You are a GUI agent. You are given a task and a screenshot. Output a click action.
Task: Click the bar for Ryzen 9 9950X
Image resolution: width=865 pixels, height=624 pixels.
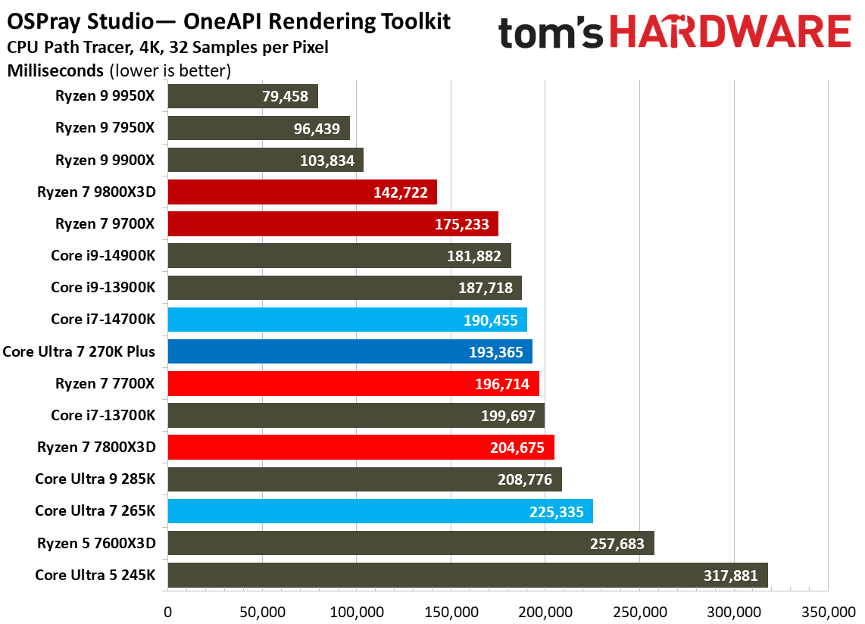pyautogui.click(x=242, y=96)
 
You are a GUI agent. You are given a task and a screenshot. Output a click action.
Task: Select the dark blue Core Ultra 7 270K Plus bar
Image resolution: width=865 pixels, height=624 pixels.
pyautogui.click(x=349, y=351)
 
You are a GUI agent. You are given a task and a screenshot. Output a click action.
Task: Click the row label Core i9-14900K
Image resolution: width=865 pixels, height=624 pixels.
pyautogui.click(x=103, y=256)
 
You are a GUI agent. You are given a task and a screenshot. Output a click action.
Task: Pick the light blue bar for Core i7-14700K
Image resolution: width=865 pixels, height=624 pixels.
pyautogui.click(x=347, y=320)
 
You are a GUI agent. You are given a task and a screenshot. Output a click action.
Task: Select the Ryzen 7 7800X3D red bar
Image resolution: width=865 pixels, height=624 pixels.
pyautogui.click(x=361, y=447)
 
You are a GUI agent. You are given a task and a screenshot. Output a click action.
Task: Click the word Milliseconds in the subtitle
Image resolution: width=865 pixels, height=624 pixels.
pyautogui.click(x=55, y=71)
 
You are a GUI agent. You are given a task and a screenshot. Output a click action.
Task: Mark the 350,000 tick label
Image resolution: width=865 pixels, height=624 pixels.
pyautogui.click(x=828, y=610)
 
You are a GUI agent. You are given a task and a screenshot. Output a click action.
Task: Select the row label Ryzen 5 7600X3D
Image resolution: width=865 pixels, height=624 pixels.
pyautogui.click(x=96, y=542)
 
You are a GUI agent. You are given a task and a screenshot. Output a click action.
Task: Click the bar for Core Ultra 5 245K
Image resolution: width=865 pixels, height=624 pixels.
pyautogui.click(x=467, y=575)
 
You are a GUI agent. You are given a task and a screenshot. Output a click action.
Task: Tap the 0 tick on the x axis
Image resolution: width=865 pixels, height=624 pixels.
pyautogui.click(x=167, y=610)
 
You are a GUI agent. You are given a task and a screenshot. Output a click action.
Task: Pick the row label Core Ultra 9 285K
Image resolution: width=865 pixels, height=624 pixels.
pyautogui.click(x=95, y=479)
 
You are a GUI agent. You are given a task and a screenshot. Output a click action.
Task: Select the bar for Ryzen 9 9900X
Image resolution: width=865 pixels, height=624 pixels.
pyautogui.click(x=265, y=160)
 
